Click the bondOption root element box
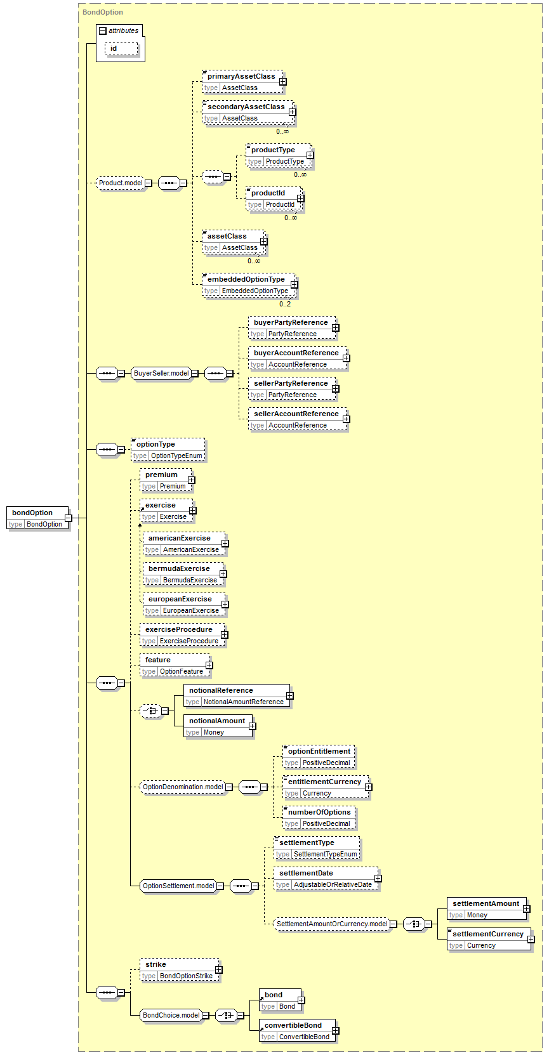[x=37, y=518]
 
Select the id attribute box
[x=122, y=48]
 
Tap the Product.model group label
[x=120, y=183]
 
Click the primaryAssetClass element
[x=243, y=82]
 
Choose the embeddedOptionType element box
[x=249, y=285]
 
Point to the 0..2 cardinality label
[x=284, y=305]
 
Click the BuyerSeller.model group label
[x=161, y=374]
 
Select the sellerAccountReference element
[x=298, y=419]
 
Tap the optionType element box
[x=168, y=450]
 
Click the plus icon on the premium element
[x=191, y=480]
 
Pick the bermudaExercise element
[x=183, y=574]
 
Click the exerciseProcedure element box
[x=182, y=635]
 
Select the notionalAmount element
[x=218, y=726]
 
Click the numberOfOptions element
[x=319, y=818]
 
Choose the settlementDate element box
[x=326, y=879]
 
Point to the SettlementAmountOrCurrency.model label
[x=332, y=924]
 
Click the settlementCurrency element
[x=489, y=939]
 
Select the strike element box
[x=180, y=970]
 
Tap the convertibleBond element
[x=298, y=1030]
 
